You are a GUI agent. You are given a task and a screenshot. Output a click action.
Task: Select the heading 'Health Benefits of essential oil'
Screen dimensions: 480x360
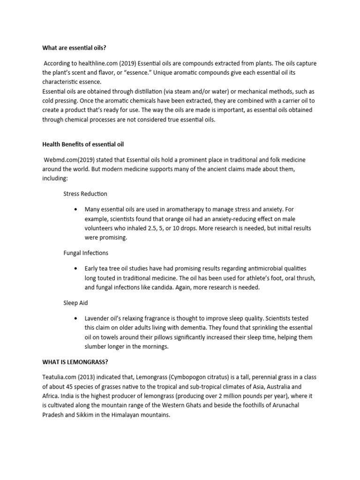coord(83,144)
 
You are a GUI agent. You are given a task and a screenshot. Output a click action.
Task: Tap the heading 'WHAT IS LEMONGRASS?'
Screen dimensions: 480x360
coord(74,362)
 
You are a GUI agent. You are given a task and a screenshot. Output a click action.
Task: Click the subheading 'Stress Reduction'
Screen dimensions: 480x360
coord(85,194)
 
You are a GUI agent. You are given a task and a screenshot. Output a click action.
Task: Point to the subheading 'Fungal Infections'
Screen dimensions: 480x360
coord(86,253)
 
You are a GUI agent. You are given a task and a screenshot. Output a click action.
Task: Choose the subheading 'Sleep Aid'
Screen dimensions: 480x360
coord(76,303)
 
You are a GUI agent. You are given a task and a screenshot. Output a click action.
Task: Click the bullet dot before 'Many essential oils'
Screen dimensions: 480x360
coord(75,209)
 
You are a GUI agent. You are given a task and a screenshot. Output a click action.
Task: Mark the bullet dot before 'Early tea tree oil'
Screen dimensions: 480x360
coord(75,268)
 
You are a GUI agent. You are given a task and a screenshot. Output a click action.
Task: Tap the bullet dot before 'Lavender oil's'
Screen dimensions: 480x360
coord(75,318)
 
